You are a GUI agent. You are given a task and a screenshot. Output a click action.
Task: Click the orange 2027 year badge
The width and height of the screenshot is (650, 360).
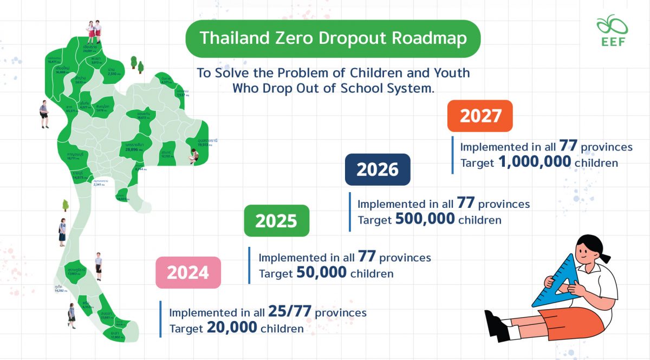(479, 116)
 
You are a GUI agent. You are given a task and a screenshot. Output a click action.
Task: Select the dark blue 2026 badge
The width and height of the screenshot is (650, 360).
(378, 169)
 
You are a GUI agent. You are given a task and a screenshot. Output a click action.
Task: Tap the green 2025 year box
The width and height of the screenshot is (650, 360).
(276, 221)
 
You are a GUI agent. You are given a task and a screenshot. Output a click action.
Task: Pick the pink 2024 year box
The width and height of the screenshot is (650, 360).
(188, 272)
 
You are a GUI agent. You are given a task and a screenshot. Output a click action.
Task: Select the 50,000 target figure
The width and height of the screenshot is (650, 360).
(322, 273)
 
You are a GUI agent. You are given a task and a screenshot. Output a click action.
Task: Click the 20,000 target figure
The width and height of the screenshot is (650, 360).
(232, 328)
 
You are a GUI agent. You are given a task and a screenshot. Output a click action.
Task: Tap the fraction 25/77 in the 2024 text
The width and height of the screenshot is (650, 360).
(289, 312)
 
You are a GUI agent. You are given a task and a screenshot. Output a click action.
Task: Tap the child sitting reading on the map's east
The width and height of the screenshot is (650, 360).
(194, 156)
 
